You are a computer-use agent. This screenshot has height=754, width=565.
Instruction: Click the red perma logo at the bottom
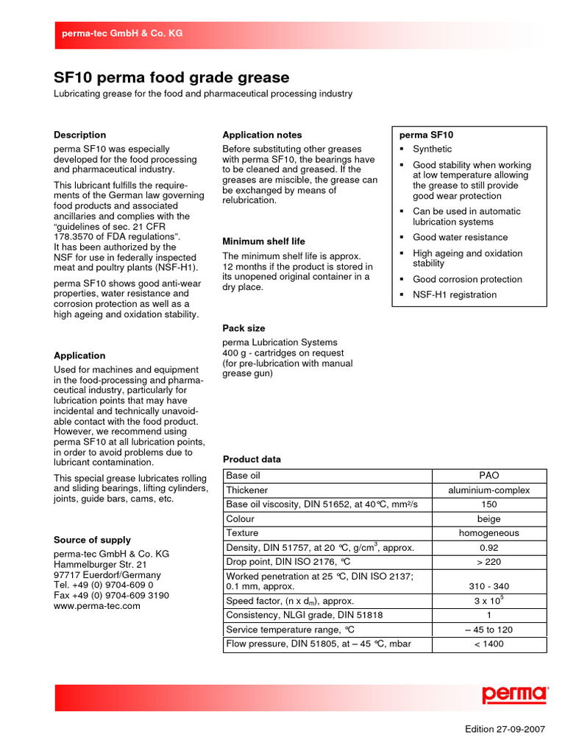[x=515, y=695]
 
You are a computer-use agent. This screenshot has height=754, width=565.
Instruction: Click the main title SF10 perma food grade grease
[x=171, y=78]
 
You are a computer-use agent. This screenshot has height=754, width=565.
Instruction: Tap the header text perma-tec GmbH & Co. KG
[x=122, y=34]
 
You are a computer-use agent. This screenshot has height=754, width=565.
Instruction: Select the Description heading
[x=79, y=135]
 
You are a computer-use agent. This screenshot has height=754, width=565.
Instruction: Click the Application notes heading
[x=262, y=135]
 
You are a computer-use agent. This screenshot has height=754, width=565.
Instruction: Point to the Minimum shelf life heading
[x=263, y=242]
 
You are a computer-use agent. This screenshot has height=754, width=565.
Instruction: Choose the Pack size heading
[x=244, y=328]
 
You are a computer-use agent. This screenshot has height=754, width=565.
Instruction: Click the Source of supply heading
[x=92, y=540]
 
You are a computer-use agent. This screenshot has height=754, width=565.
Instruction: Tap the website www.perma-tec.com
[x=96, y=606]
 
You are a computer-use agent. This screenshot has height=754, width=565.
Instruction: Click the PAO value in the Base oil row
[x=488, y=476]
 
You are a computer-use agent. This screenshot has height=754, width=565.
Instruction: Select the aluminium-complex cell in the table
[x=488, y=490]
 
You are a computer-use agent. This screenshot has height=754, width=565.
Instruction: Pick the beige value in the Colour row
[x=488, y=519]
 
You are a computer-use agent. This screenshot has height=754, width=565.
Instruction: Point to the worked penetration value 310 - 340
[x=488, y=587]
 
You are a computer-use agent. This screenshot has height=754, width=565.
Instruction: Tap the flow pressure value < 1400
[x=488, y=644]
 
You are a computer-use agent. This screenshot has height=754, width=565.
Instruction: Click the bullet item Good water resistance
[x=460, y=238]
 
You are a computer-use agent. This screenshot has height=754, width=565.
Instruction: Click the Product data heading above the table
[x=252, y=459]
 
